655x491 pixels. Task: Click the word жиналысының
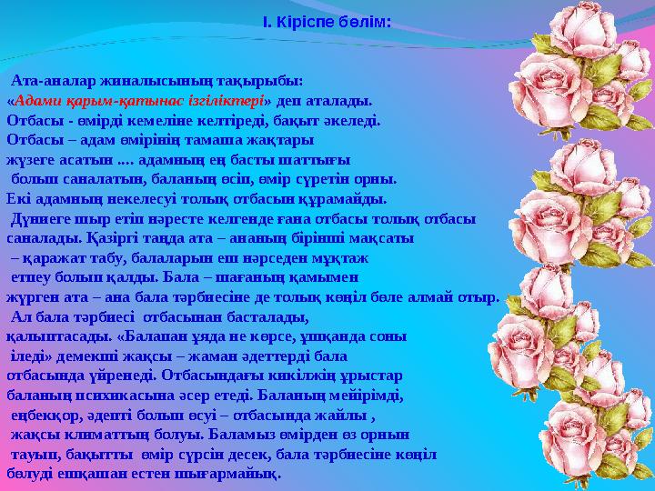coord(129,83)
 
